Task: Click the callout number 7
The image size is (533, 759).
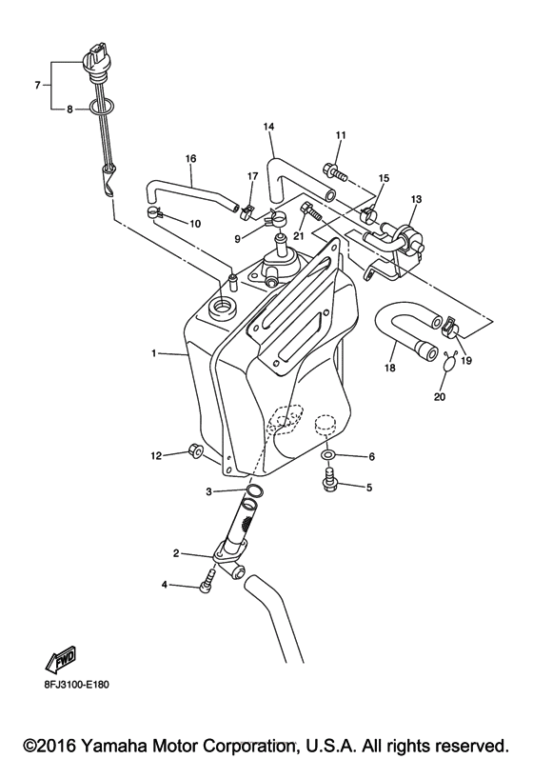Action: pyautogui.click(x=37, y=85)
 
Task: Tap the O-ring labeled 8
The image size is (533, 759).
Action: pyautogui.click(x=103, y=106)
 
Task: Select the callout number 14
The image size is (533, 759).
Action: pyautogui.click(x=269, y=127)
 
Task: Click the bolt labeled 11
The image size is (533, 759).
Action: pyautogui.click(x=334, y=172)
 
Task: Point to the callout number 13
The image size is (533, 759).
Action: pyautogui.click(x=417, y=199)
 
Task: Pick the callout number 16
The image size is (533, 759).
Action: pyautogui.click(x=190, y=158)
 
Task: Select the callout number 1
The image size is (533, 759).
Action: pyautogui.click(x=154, y=353)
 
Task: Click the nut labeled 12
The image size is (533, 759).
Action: pyautogui.click(x=194, y=450)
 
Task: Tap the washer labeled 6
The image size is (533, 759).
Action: pyautogui.click(x=328, y=455)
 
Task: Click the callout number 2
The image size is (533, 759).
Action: pyautogui.click(x=176, y=552)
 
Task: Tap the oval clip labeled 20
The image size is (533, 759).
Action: pyautogui.click(x=451, y=366)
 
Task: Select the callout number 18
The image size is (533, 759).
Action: pyautogui.click(x=390, y=368)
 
